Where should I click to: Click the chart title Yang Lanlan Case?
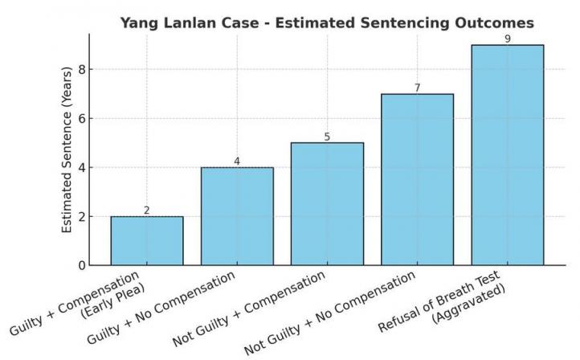click(327, 22)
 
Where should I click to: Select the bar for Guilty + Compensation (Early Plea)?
click(147, 240)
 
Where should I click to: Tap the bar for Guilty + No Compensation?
click(237, 216)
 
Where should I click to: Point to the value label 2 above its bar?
click(147, 211)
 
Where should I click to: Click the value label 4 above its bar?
click(237, 162)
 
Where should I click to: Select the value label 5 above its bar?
click(327, 137)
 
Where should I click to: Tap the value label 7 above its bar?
click(417, 88)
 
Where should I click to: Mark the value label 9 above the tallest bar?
click(507, 39)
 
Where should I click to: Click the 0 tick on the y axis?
click(82, 265)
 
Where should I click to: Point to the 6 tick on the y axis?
click(82, 118)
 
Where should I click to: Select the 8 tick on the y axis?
click(82, 69)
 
